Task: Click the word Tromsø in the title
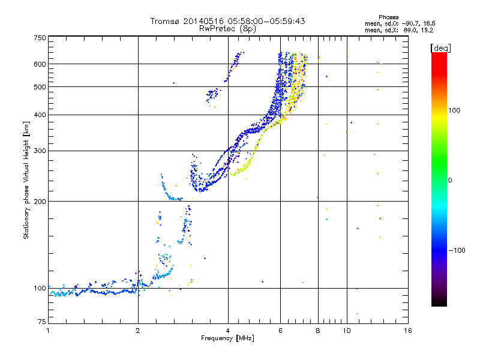[x=164, y=21]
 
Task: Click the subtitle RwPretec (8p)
[x=227, y=29]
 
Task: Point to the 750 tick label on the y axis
[x=40, y=38]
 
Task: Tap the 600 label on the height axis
[x=40, y=64]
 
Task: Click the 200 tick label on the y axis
[x=40, y=202]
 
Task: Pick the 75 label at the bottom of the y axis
[x=42, y=322]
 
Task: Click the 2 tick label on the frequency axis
[x=138, y=331]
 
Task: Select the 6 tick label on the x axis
[x=280, y=331]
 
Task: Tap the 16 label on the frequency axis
[x=408, y=331]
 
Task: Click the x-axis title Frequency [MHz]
[x=227, y=338]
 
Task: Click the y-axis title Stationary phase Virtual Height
[x=26, y=181]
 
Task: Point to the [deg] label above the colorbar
[x=440, y=48]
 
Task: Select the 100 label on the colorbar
[x=454, y=110]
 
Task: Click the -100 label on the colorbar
[x=457, y=250]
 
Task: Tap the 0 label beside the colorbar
[x=450, y=181]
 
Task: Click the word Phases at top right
[x=388, y=17]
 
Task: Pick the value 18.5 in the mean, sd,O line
[x=429, y=23]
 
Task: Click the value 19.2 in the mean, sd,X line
[x=427, y=31]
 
